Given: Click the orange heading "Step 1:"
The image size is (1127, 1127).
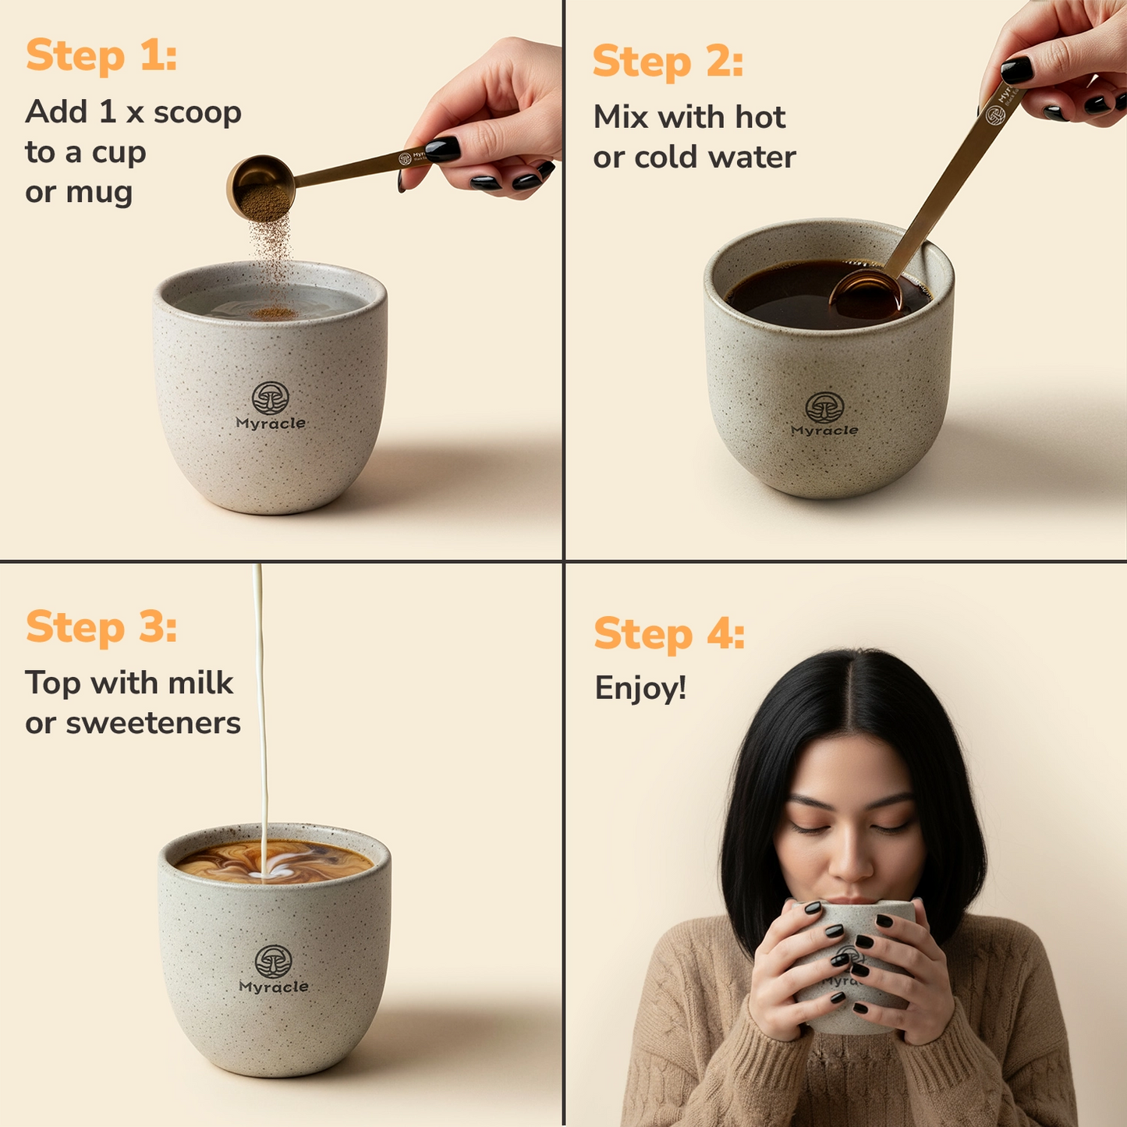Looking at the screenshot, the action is (101, 56).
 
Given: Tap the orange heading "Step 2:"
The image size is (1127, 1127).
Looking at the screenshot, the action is (668, 62).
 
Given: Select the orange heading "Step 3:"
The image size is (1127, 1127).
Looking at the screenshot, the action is (101, 627).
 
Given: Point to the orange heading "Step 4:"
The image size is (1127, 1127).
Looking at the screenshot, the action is (669, 634).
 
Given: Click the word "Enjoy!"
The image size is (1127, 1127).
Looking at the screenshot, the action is (640, 688).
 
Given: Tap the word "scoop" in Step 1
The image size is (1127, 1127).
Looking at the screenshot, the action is (197, 113).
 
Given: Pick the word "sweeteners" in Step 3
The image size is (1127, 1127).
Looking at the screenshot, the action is (153, 723).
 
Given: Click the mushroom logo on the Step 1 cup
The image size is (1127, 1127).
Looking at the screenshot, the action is (270, 398).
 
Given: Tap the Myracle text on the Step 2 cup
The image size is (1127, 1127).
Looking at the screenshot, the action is (824, 431).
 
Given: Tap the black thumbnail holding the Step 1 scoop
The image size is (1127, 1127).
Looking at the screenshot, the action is (442, 148).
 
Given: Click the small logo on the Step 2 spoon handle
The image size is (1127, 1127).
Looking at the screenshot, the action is (995, 115).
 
